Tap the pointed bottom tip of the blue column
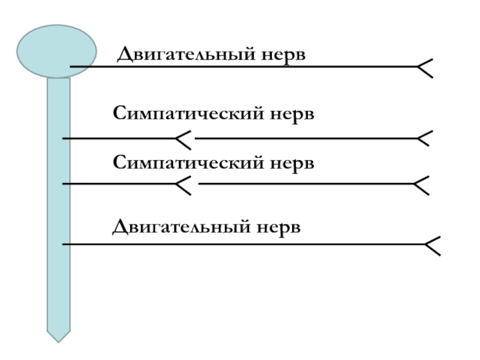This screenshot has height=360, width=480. (x=59, y=336)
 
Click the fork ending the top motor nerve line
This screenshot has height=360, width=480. (x=425, y=67)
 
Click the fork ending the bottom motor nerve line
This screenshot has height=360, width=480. (x=432, y=245)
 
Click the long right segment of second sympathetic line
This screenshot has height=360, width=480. (x=306, y=184)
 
